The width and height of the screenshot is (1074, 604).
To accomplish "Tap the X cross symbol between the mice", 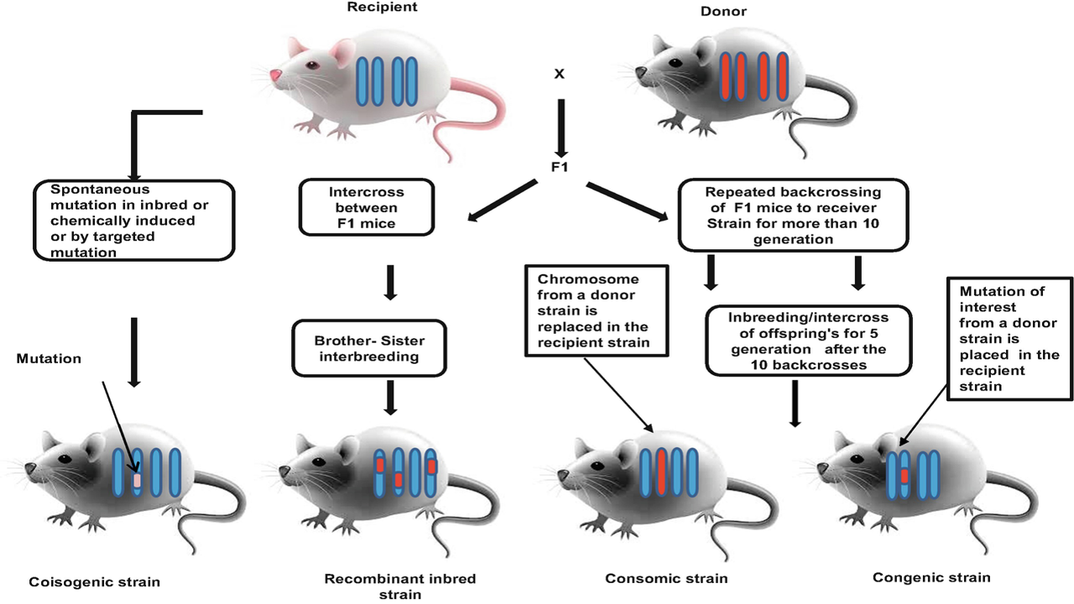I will tap(559, 74).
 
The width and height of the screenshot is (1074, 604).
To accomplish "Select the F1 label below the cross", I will tap(560, 167).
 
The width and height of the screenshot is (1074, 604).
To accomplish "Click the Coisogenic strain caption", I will tap(94, 581).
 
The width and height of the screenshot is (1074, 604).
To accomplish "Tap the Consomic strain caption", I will tap(666, 578).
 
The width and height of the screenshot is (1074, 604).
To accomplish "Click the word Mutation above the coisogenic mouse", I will tap(50, 358).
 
